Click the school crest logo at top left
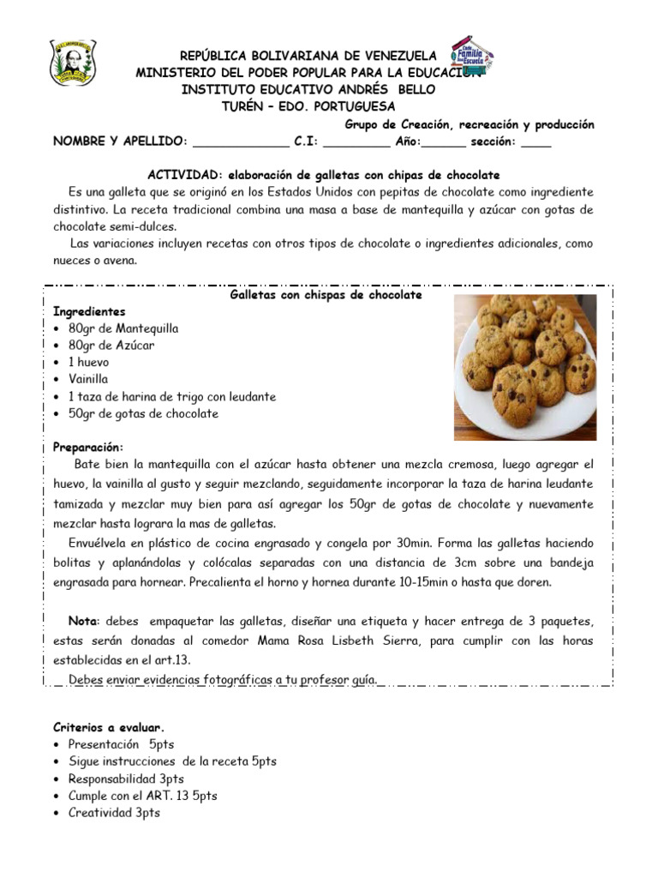(73, 63)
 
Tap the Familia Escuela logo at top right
(471, 57)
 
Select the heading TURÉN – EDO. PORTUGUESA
(308, 107)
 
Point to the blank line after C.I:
(356, 141)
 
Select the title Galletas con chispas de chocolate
(327, 295)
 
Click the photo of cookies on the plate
(524, 366)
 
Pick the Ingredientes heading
(89, 311)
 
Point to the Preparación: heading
(88, 448)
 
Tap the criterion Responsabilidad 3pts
(126, 779)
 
